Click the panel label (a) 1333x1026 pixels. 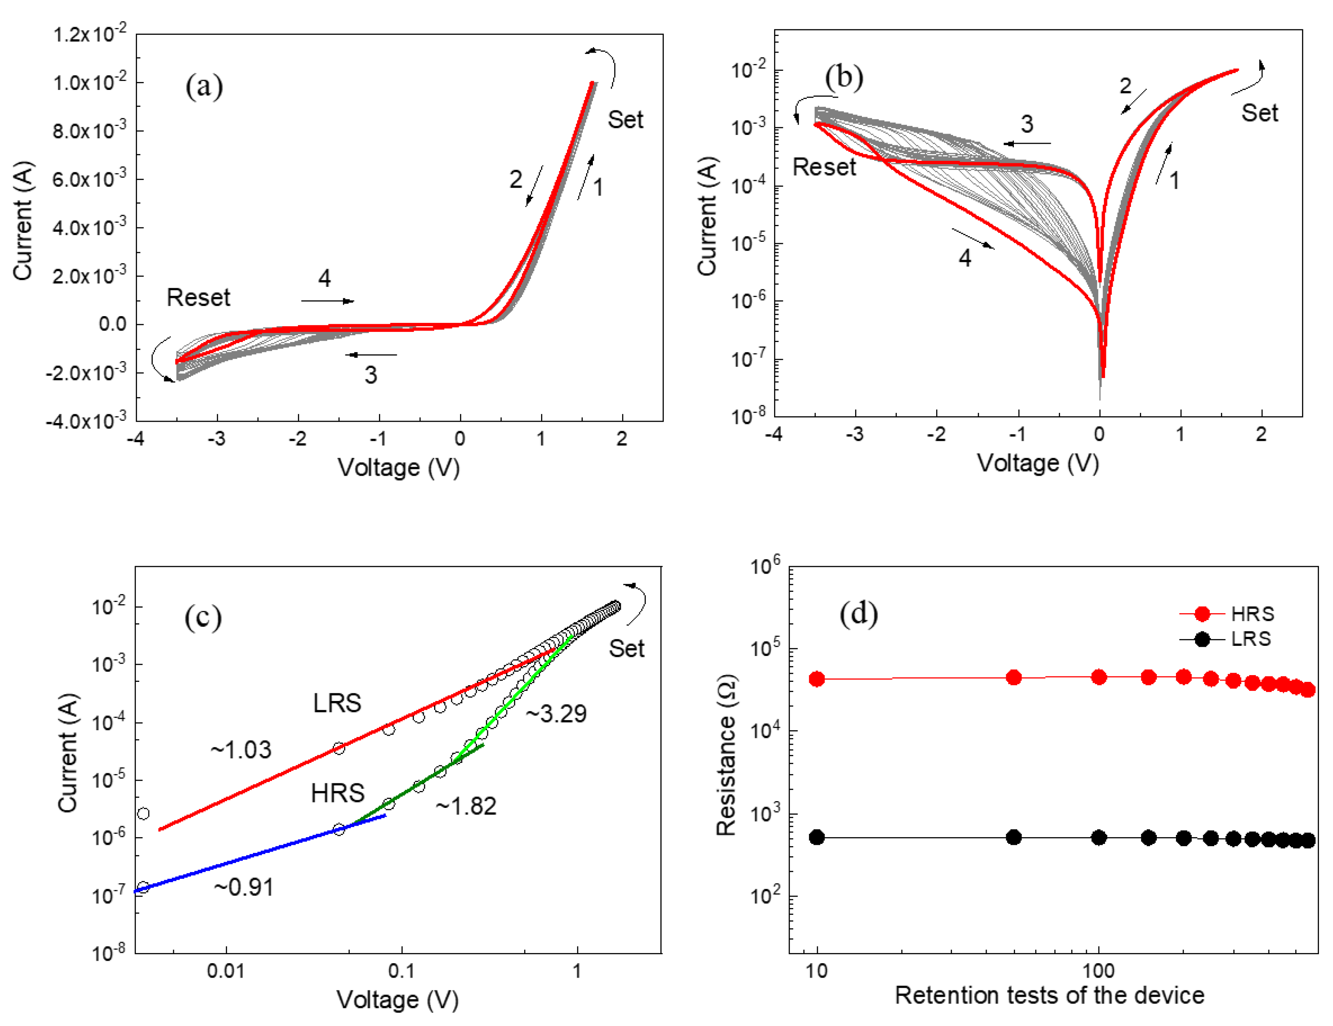point(204,86)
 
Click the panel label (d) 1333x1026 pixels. point(859,614)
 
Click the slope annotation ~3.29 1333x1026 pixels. point(556,714)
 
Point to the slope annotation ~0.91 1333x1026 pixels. point(244,887)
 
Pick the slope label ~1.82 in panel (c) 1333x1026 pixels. point(466,806)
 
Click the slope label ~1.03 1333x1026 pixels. point(241,749)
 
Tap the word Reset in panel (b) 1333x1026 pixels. point(824,167)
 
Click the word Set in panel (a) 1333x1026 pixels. point(625,120)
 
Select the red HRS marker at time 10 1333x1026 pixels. point(817,679)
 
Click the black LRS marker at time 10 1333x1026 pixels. point(817,838)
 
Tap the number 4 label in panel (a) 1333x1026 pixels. point(324,278)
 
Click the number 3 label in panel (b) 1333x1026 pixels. point(1027,124)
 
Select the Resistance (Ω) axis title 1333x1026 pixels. point(726,756)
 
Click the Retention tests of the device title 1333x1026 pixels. point(1049,995)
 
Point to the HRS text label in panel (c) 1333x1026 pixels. point(337,793)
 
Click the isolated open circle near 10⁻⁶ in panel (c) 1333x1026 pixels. point(143,813)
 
